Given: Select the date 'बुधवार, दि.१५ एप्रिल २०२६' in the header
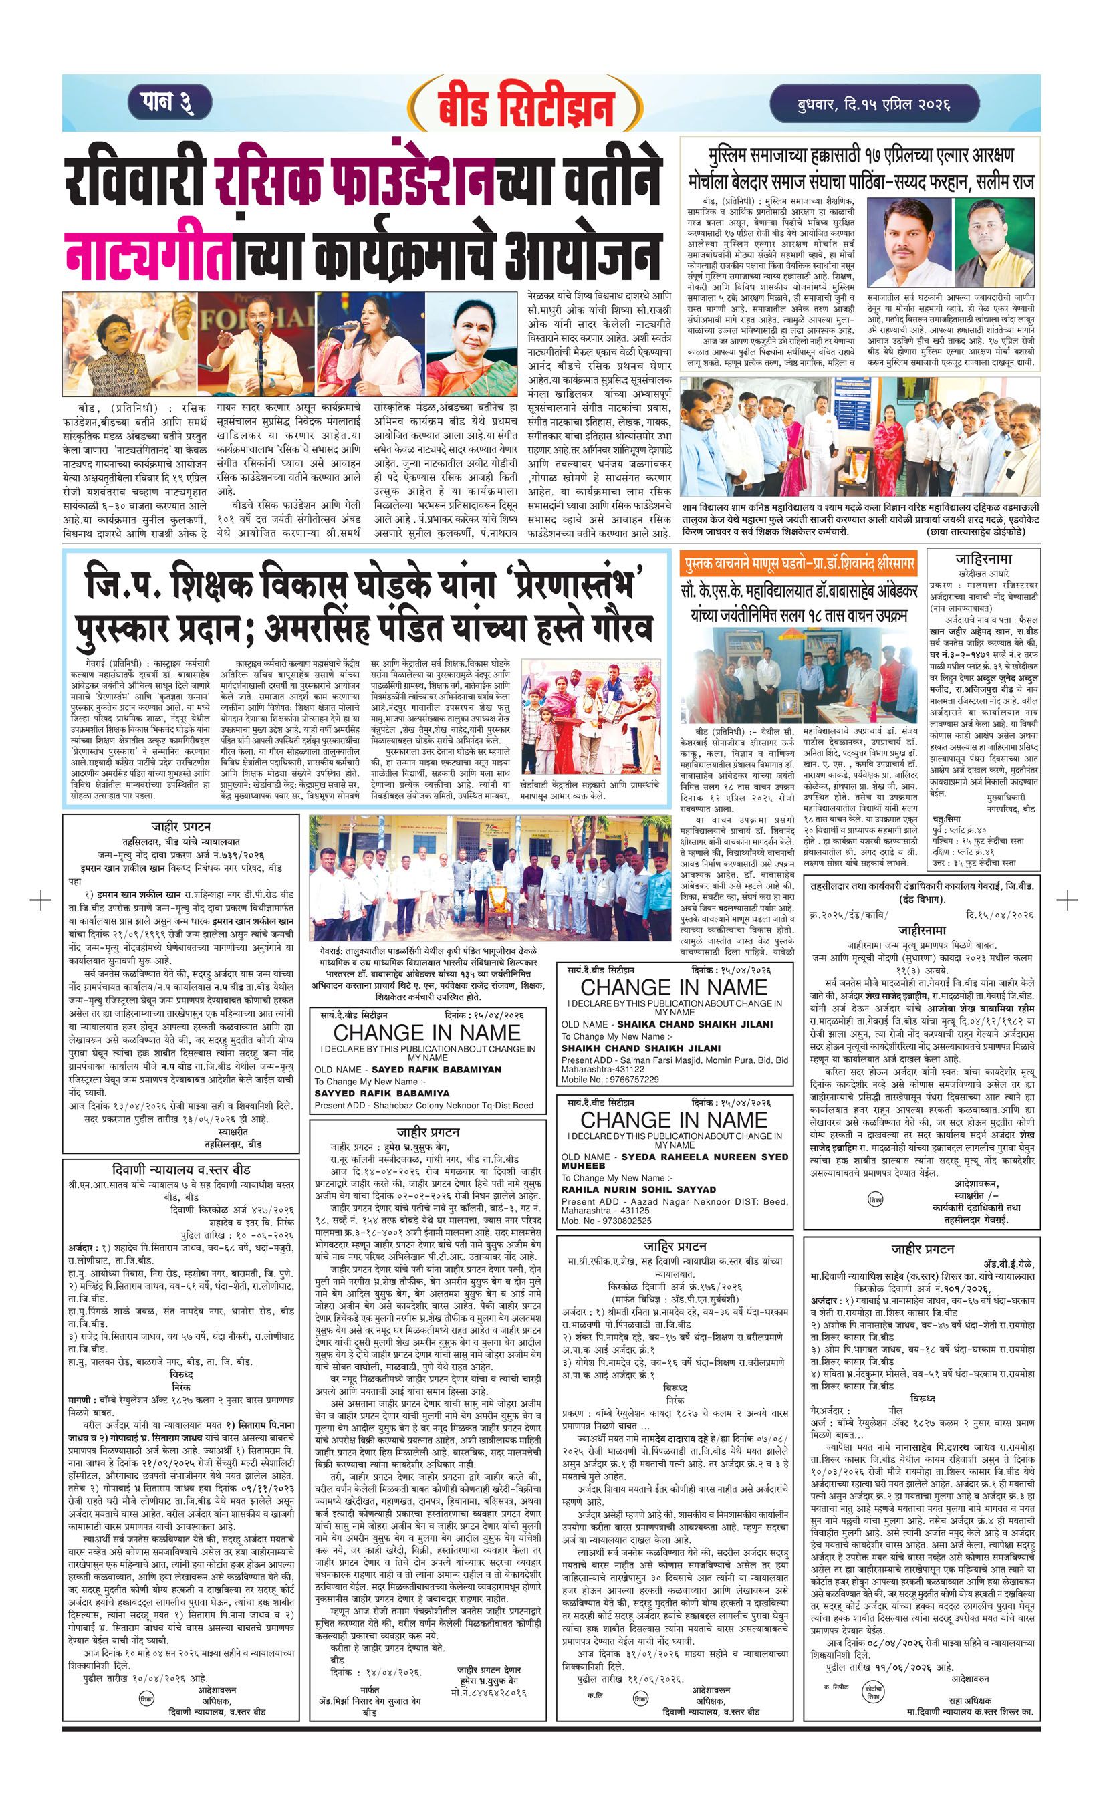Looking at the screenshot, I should pos(874,104).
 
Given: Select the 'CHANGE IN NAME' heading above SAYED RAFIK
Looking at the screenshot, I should pos(427,1032).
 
